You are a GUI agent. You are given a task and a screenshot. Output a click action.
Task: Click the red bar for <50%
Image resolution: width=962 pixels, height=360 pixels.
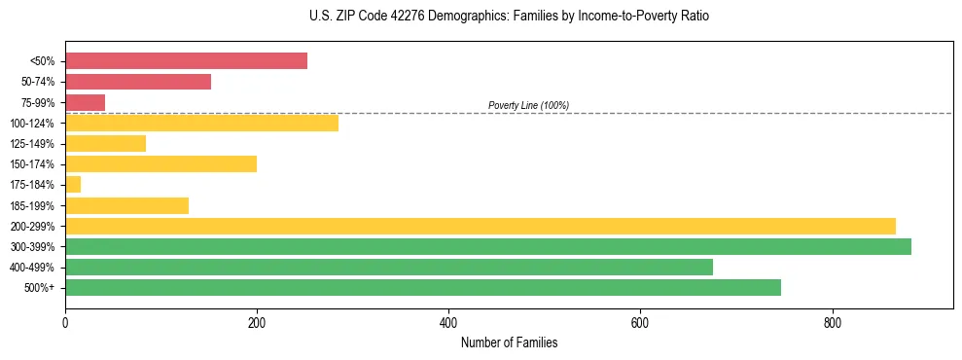click(186, 61)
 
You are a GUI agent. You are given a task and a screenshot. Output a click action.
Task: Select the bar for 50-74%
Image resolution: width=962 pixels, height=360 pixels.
click(138, 82)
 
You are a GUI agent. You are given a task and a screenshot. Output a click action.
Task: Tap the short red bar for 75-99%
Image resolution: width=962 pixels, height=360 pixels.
click(85, 102)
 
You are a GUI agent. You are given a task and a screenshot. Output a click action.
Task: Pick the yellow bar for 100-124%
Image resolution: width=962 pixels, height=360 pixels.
click(201, 123)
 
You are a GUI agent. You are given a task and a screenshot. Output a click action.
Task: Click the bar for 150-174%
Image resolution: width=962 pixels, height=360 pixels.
click(160, 163)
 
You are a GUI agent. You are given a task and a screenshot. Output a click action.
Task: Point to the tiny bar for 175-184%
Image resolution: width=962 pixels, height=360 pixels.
click(73, 184)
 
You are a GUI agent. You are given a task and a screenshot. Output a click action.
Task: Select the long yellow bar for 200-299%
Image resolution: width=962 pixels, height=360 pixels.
click(481, 226)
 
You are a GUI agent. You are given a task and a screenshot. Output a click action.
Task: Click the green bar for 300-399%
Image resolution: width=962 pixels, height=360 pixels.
click(488, 246)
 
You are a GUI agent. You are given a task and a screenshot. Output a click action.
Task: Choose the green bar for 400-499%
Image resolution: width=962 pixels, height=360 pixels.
click(389, 267)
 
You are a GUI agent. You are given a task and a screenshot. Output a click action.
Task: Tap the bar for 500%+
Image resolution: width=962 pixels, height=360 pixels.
click(423, 287)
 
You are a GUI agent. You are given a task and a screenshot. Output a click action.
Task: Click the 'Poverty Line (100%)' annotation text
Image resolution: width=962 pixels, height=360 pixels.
click(528, 105)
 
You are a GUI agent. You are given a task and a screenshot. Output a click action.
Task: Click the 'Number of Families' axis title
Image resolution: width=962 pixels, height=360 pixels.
click(509, 343)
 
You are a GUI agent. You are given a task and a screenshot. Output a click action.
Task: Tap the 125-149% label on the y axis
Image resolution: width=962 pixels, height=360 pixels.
click(32, 144)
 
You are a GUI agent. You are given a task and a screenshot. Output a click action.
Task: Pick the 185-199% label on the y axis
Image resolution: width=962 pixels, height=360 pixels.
click(32, 205)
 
